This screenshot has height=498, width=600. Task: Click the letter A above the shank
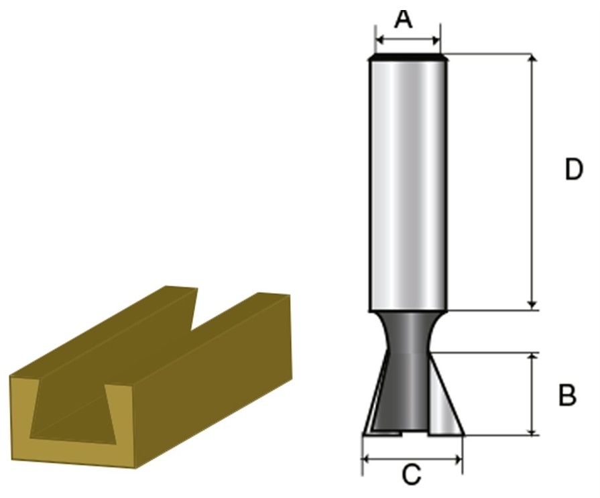pos(404,19)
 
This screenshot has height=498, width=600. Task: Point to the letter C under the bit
pos(412,475)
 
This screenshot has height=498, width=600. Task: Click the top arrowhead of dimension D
pos(532,58)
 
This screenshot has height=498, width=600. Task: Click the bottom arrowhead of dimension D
pos(532,305)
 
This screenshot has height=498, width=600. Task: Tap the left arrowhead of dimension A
pos(381,40)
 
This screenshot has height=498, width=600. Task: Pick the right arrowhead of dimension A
pos(436,40)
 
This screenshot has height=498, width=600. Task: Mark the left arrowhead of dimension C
pos(367,459)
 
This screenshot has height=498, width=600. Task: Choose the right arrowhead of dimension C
pos(458,459)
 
